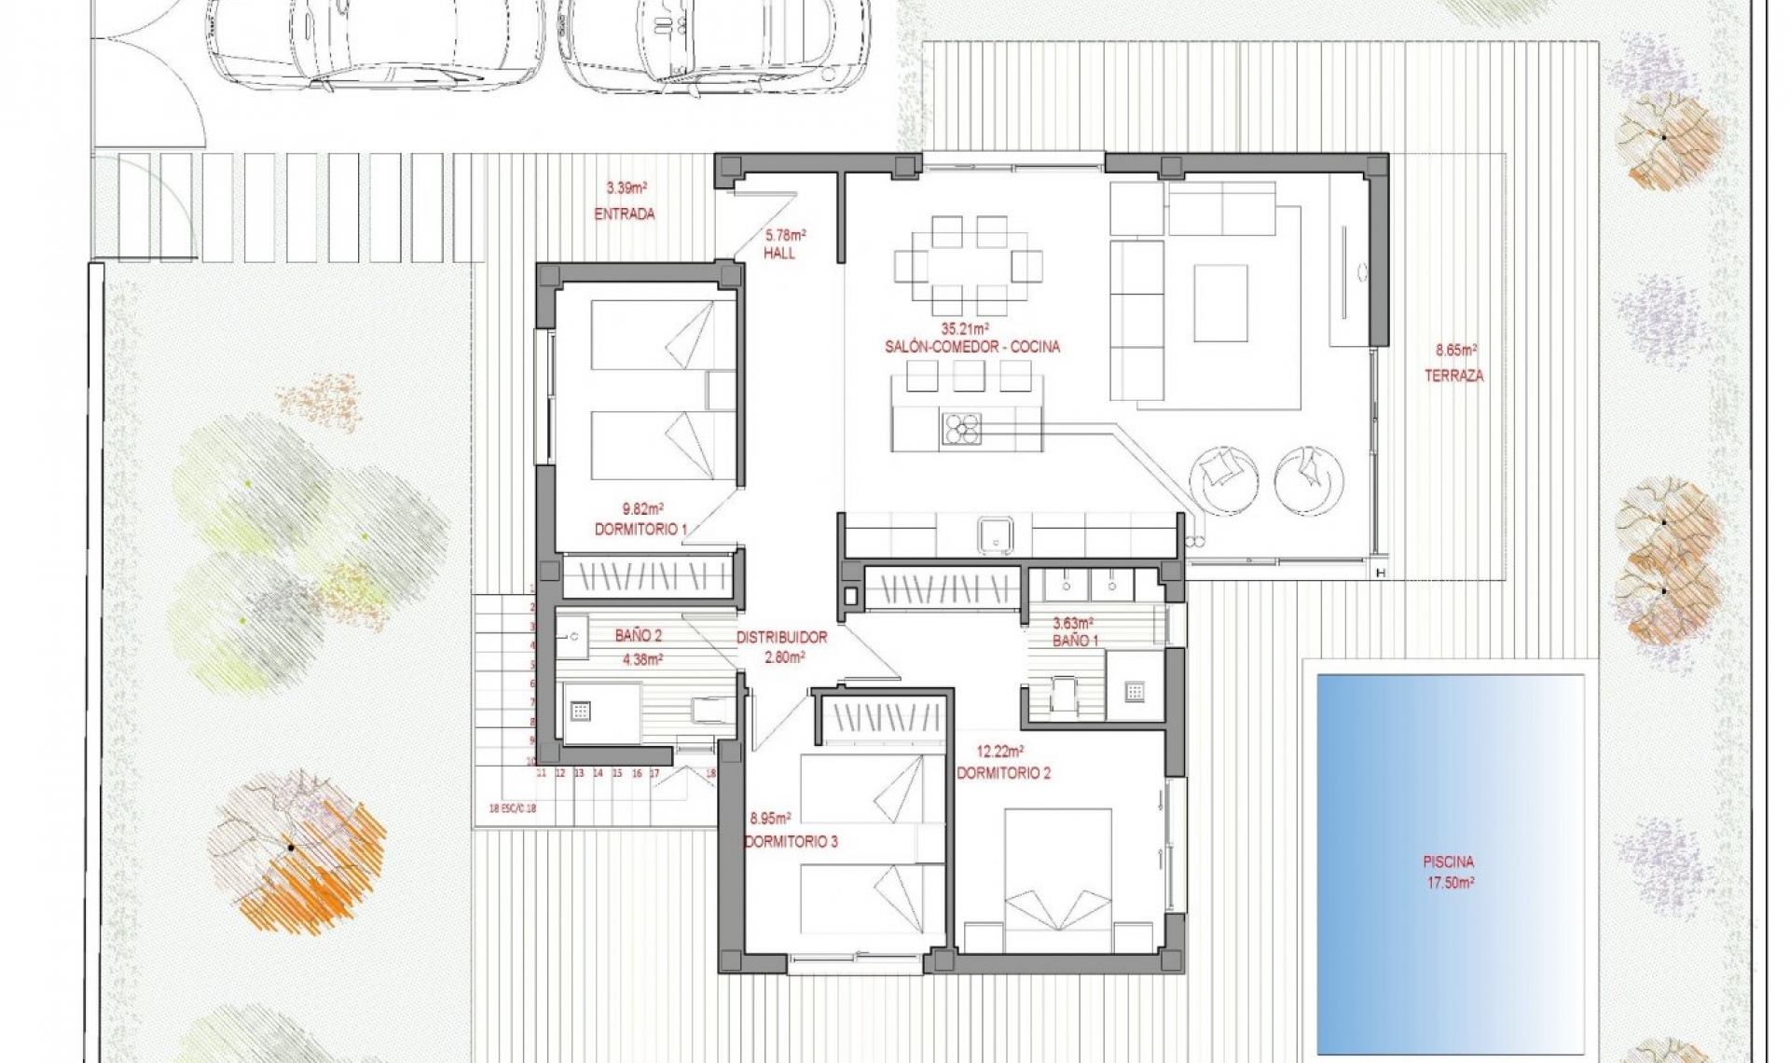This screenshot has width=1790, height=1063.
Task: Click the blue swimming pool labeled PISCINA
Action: pyautogui.click(x=1450, y=863)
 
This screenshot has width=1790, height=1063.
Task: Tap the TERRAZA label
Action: pyautogui.click(x=1453, y=376)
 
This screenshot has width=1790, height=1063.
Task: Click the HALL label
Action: pyautogui.click(x=779, y=254)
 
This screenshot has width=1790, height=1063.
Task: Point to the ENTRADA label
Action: pyautogui.click(x=625, y=214)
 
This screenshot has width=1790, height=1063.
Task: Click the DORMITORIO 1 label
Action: pyautogui.click(x=640, y=530)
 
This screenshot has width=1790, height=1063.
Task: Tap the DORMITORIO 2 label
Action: pyautogui.click(x=1003, y=773)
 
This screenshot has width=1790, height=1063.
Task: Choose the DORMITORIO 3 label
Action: pyautogui.click(x=791, y=842)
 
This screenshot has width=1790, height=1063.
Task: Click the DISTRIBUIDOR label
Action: pyautogui.click(x=781, y=638)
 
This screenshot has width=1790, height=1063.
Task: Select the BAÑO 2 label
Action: pyautogui.click(x=638, y=636)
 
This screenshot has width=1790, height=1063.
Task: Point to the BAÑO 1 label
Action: pyautogui.click(x=1075, y=641)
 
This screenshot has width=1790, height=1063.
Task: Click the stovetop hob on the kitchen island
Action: pyautogui.click(x=961, y=429)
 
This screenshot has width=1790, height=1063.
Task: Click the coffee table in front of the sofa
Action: pyautogui.click(x=1220, y=303)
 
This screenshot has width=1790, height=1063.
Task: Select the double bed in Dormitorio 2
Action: pyautogui.click(x=1057, y=877)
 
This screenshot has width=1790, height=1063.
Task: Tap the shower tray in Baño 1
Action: pyautogui.click(x=1135, y=691)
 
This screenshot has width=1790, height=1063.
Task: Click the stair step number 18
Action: pyautogui.click(x=710, y=773)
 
